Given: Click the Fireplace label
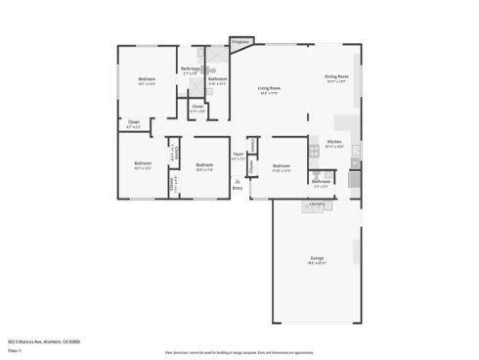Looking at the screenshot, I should click(240, 42).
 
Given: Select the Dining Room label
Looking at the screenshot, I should click(337, 77).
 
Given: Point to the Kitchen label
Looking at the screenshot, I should click(333, 142).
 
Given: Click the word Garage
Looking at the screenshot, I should click(317, 258).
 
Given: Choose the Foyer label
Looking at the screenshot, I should click(238, 154).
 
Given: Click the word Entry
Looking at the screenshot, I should click(238, 187).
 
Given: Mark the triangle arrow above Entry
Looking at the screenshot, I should click(238, 180).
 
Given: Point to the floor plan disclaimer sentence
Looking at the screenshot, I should click(239, 348).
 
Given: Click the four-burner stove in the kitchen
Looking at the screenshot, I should click(315, 151).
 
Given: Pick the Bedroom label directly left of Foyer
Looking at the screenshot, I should click(204, 165).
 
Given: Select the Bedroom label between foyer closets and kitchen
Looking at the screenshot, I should click(283, 165).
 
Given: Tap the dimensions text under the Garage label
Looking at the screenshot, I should click(317, 263).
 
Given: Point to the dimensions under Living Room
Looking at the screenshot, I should click(269, 94).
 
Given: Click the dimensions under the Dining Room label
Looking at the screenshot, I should click(337, 82).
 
